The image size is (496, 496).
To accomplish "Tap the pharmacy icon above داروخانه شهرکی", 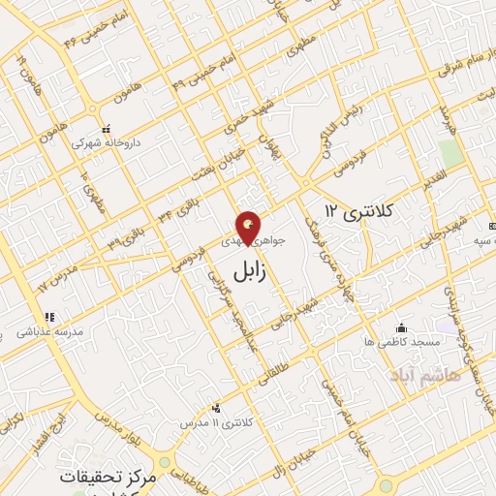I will click(x=107, y=129).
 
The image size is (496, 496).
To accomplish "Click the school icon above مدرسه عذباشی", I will click(x=47, y=317).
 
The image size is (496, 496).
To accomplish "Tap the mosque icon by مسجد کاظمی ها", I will click(x=401, y=327).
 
